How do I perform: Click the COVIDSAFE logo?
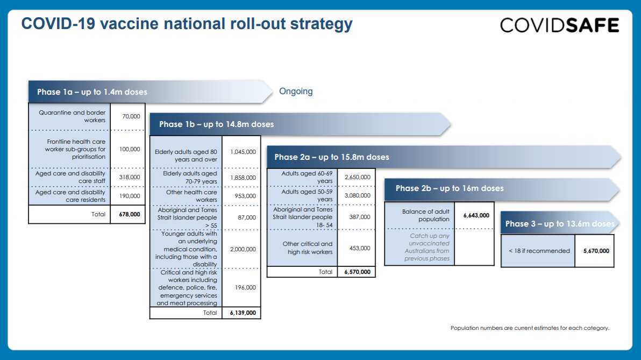pos(559,25)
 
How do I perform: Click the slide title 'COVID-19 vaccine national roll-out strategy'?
pos(187,24)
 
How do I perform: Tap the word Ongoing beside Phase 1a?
pos(296,91)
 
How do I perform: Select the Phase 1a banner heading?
pos(92,92)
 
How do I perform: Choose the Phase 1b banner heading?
pos(216,124)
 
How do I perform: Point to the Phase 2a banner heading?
pos(332,157)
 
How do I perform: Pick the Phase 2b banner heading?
pos(450,188)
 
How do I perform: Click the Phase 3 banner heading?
pos(559,224)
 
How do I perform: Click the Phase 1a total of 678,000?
pos(129,214)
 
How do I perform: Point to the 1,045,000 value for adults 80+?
pos(243,152)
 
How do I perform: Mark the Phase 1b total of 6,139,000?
pos(243,313)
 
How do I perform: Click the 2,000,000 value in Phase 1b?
pos(243,249)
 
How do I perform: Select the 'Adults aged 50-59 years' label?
pos(304,195)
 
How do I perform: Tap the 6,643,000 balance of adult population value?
pos(476,215)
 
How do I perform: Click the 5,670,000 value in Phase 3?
pos(596,251)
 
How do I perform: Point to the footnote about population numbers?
pos(530,328)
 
